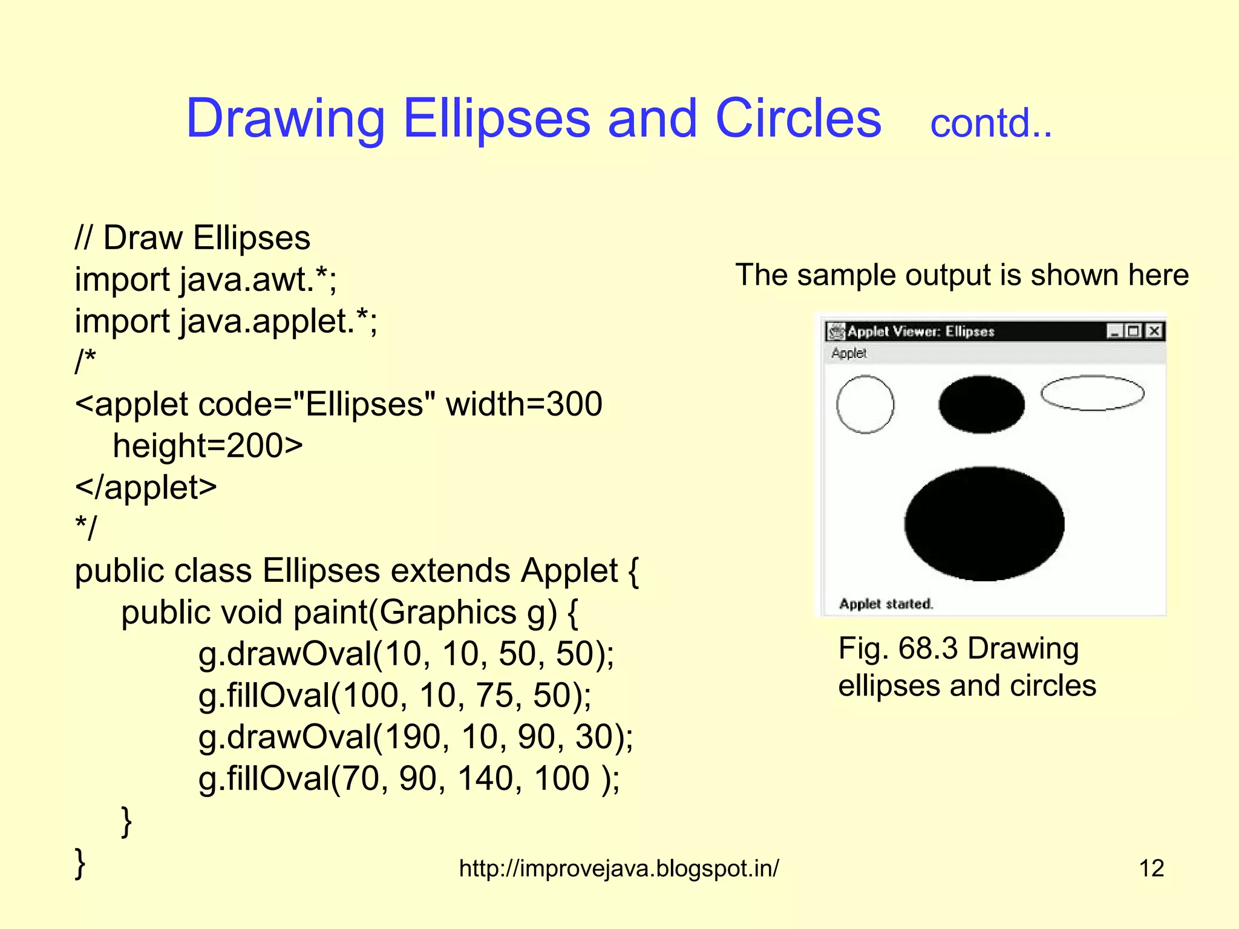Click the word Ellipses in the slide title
click(496, 119)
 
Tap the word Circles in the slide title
click(798, 119)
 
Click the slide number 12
click(1151, 869)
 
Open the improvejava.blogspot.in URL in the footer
click(619, 869)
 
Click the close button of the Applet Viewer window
click(1154, 331)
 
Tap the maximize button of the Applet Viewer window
click(1134, 331)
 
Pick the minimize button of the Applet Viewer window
click(1114, 331)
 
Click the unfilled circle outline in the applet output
click(865, 404)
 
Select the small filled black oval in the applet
click(981, 404)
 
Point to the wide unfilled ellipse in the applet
click(1092, 393)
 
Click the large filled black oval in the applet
click(984, 524)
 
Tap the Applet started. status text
click(886, 604)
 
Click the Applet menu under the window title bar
click(849, 353)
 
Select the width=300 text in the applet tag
click(524, 404)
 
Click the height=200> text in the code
click(208, 446)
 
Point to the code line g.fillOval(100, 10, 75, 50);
click(394, 696)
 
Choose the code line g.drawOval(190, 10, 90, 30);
click(416, 737)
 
